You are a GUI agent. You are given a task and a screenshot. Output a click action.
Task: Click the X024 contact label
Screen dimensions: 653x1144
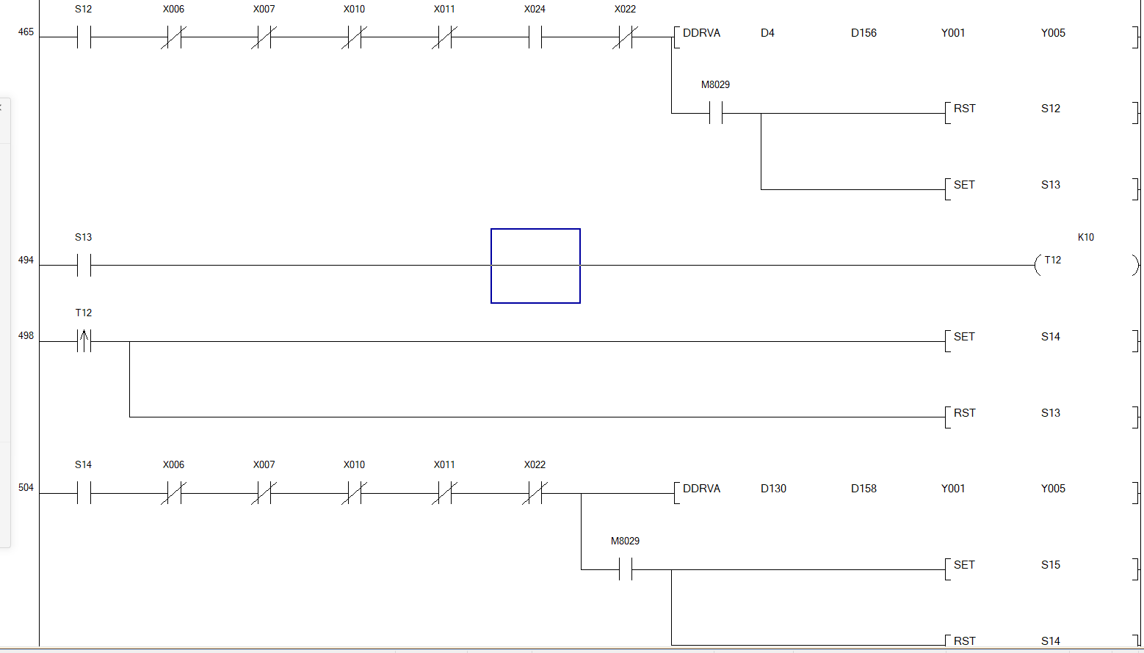(x=535, y=10)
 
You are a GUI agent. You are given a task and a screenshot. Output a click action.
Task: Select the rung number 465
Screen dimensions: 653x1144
(x=26, y=32)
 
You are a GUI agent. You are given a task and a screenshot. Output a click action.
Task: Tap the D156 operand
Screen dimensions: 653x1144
(x=864, y=33)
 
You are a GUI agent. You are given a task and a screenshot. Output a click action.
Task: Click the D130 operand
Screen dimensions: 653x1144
(x=773, y=489)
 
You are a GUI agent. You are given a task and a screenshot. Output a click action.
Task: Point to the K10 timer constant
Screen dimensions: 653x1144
(x=1085, y=237)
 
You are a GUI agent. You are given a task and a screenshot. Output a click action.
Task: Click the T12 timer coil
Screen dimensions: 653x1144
(x=1052, y=260)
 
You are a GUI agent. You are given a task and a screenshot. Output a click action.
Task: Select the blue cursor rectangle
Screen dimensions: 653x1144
(x=535, y=266)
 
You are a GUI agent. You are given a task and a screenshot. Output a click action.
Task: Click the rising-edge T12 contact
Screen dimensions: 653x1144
(x=84, y=341)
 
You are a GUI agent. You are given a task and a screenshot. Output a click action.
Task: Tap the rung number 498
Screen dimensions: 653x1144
(x=26, y=336)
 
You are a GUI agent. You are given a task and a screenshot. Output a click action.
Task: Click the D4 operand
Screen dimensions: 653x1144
(x=767, y=33)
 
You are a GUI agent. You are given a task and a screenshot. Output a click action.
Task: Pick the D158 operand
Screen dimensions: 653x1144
(x=864, y=489)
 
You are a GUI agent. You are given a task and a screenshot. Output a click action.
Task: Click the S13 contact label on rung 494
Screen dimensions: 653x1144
(x=83, y=238)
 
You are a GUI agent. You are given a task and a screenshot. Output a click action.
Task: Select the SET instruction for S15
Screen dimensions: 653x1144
(x=964, y=565)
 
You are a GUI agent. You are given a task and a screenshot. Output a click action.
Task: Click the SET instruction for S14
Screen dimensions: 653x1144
(x=964, y=337)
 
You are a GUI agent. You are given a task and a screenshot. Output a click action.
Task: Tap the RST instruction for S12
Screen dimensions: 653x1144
(x=964, y=109)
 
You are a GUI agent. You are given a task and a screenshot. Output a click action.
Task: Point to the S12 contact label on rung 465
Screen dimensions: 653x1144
(x=83, y=10)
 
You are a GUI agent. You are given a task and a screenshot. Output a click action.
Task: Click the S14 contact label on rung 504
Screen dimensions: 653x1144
(x=83, y=465)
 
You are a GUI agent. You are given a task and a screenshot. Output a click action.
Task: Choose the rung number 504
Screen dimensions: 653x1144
(x=26, y=488)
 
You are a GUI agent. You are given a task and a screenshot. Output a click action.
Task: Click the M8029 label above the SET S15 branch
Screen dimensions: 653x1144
(x=625, y=541)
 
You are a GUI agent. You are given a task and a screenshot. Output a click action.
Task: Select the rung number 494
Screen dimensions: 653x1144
(x=26, y=260)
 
